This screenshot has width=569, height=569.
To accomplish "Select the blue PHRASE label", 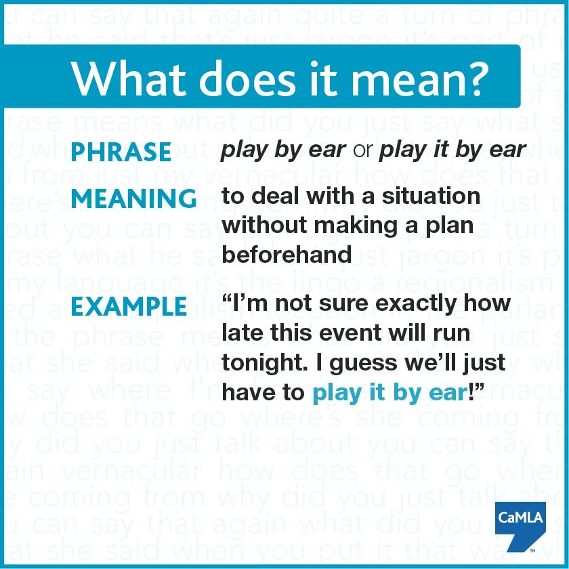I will click(121, 152).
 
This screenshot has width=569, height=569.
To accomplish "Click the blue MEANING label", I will click(134, 199).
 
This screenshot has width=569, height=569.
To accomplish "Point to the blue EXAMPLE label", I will click(129, 307).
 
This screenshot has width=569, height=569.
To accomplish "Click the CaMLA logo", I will click(520, 526).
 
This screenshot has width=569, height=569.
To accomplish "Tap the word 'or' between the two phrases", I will click(363, 150).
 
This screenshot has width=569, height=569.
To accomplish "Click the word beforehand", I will click(287, 254).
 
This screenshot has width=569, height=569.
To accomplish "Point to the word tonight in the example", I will click(260, 362).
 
